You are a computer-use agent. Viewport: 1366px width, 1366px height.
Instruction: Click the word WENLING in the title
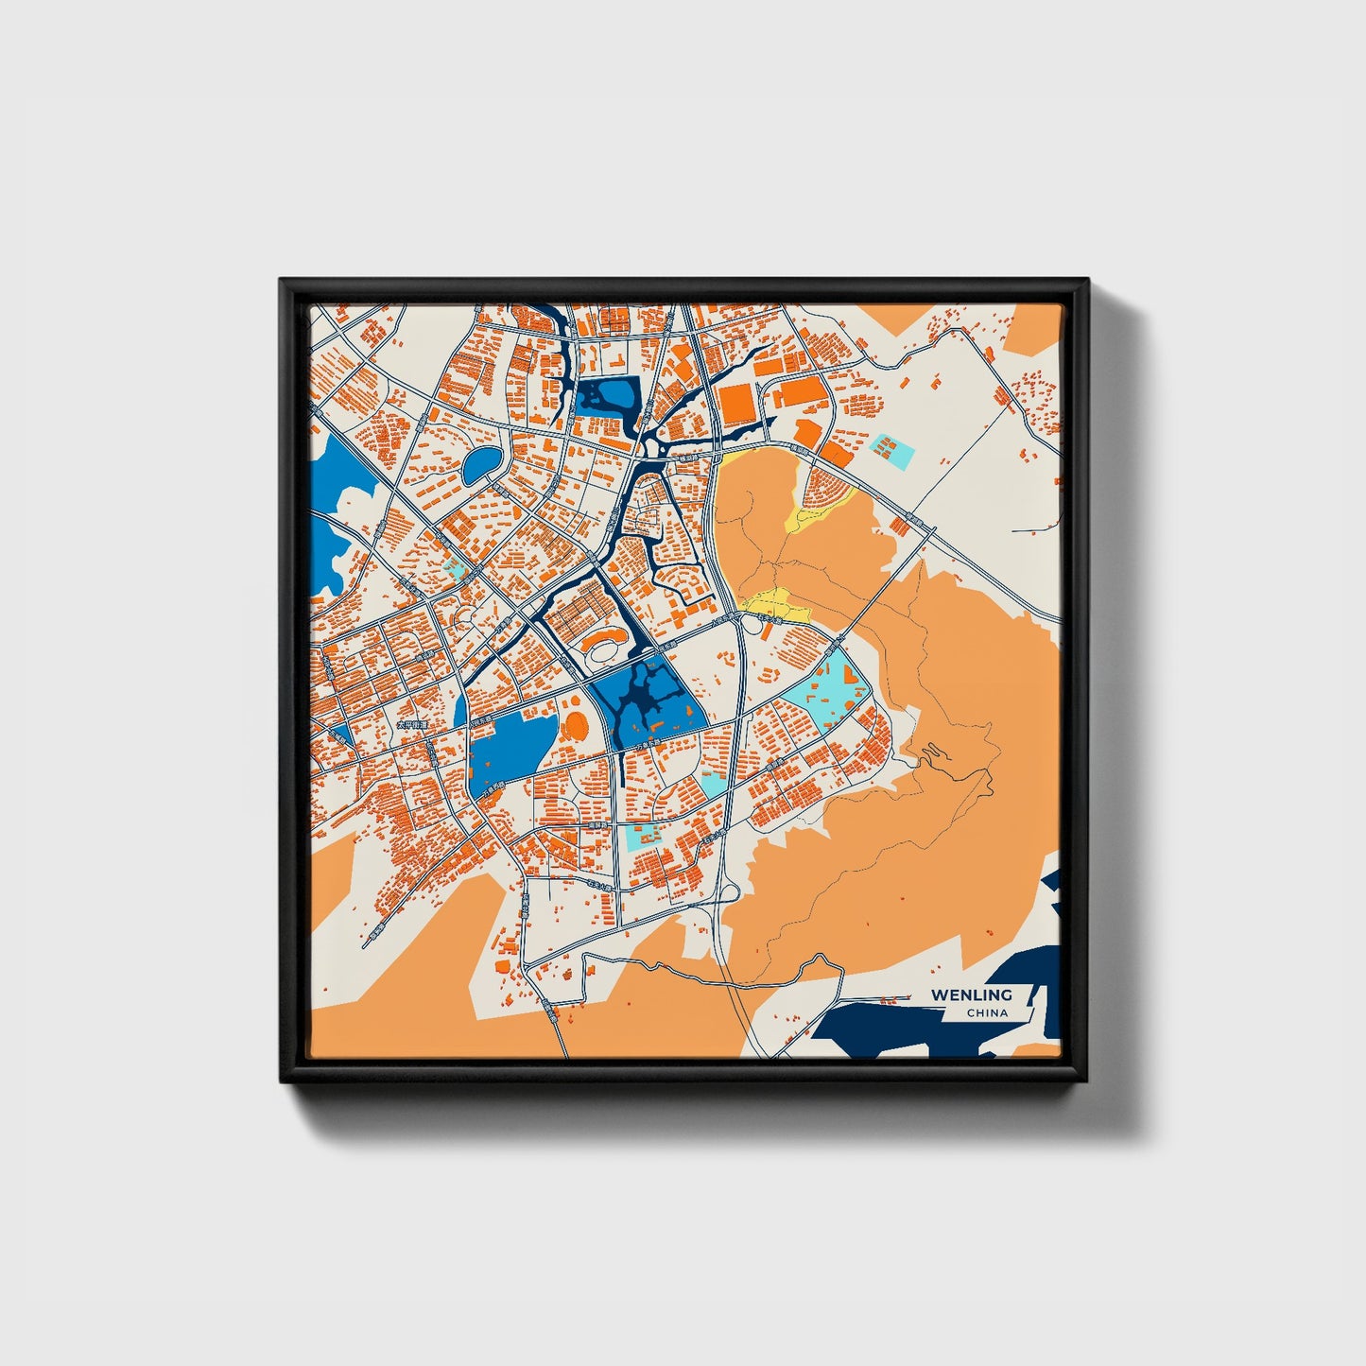pos(971,994)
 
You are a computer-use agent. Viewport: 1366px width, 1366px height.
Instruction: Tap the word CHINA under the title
pos(987,1013)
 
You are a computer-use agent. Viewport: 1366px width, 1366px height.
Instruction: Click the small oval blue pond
pos(481,463)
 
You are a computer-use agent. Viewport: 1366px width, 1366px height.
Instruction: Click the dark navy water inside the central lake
pos(647,700)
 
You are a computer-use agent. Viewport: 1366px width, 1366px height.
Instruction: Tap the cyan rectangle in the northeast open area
pos(892,451)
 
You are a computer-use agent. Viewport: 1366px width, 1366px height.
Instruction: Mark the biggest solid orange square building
pos(737,405)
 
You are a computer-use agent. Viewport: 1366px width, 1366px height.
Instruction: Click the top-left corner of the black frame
pos(283,282)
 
